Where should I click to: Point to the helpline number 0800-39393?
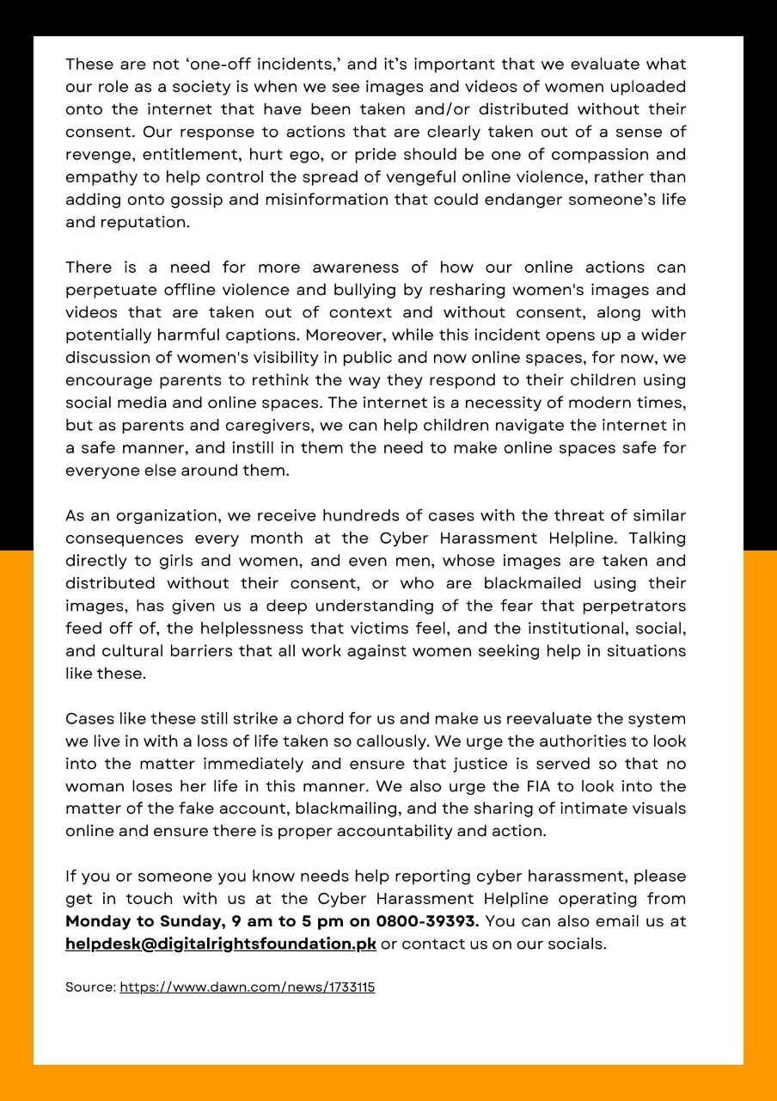coord(427,921)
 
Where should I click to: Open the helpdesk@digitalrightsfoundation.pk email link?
coord(221,944)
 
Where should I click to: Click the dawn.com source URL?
coord(247,987)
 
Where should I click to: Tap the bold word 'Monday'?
coord(97,921)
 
